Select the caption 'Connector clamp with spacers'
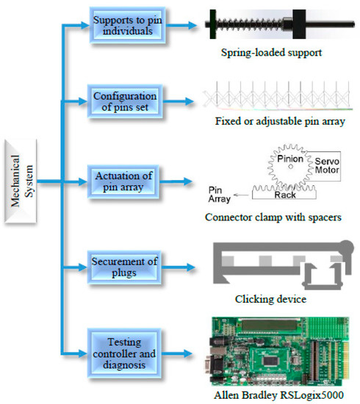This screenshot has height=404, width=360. tap(273, 217)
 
